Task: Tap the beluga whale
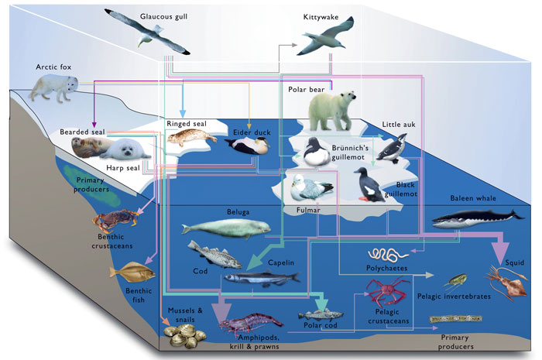click(x=225, y=227)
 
